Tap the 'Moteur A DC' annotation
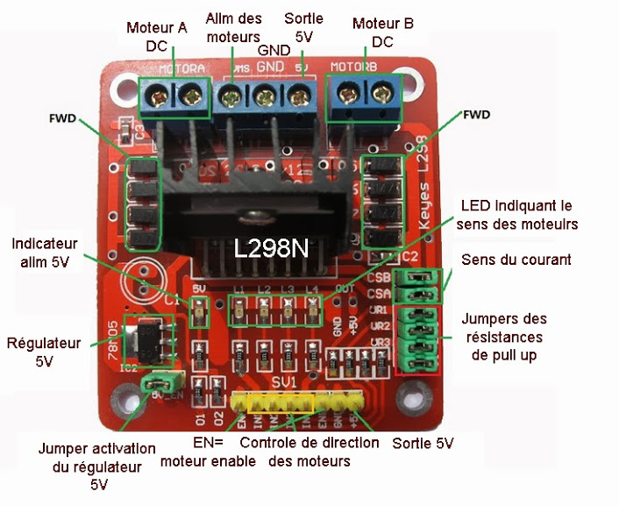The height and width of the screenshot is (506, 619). [x=157, y=34]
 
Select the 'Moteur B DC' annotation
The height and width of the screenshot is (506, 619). [x=382, y=32]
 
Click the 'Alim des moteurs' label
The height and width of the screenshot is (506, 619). [x=232, y=27]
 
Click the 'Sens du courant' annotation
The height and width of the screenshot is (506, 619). [x=516, y=260]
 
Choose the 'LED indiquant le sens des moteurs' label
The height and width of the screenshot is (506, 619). [x=519, y=214]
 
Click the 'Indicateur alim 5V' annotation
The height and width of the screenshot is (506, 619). [x=46, y=251]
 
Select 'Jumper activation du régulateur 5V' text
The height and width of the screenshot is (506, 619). [x=97, y=466]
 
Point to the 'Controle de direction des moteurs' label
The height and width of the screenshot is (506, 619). [x=309, y=452]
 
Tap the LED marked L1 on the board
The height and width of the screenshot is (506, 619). [x=238, y=307]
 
